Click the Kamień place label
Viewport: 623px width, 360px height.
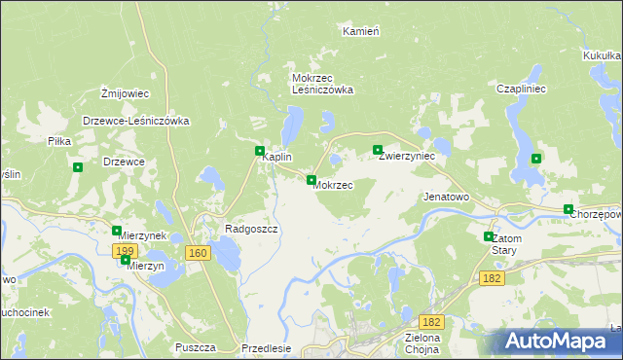click(360, 31)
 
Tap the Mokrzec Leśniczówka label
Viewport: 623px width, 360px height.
click(322, 84)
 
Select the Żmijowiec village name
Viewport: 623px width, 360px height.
click(125, 93)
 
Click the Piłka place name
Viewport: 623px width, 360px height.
click(60, 141)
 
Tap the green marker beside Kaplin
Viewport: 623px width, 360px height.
click(260, 152)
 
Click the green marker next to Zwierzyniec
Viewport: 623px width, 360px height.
click(378, 150)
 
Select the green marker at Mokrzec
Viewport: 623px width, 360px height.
click(311, 180)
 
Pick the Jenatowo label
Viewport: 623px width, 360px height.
click(446, 197)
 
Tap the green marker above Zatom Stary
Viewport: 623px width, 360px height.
click(489, 236)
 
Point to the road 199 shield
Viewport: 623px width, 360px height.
click(124, 251)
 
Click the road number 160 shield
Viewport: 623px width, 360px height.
click(198, 253)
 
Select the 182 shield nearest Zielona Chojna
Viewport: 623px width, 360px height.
click(432, 321)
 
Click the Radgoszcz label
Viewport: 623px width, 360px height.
click(251, 230)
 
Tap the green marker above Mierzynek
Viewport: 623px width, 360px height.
click(117, 231)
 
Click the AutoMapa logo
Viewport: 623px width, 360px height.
click(559, 342)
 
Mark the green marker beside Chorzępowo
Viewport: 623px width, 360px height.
click(568, 209)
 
